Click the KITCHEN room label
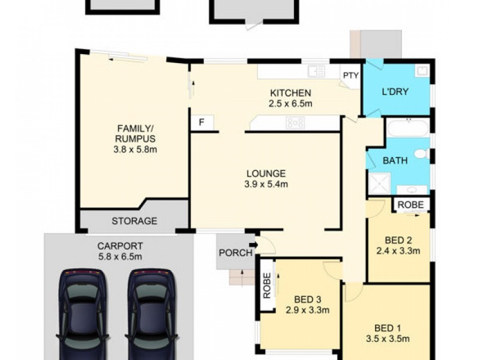(x=290, y=93)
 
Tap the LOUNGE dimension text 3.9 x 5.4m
(x=266, y=184)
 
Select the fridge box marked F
(x=202, y=122)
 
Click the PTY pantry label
(x=350, y=76)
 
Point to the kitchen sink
(x=317, y=71)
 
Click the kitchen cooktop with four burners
(x=295, y=123)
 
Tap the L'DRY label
(x=395, y=92)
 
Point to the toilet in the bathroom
(x=423, y=154)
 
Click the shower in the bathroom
(x=380, y=184)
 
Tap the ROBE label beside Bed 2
(x=411, y=205)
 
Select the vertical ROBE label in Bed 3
(x=267, y=286)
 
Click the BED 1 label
(x=388, y=328)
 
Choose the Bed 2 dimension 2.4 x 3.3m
(x=398, y=251)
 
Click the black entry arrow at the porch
(x=254, y=245)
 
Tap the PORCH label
(x=236, y=253)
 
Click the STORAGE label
(x=134, y=221)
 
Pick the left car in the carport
(x=83, y=314)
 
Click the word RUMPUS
(x=136, y=139)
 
